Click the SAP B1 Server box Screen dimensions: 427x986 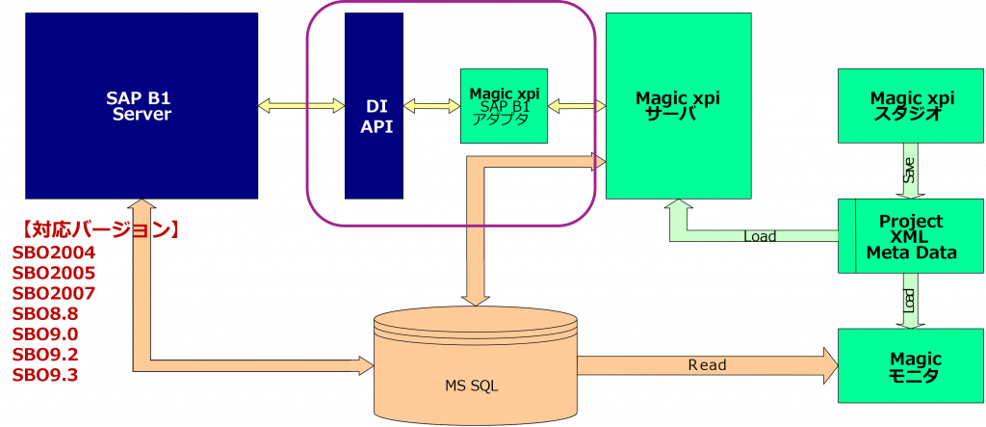pos(142,106)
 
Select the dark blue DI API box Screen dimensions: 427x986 pos(375,106)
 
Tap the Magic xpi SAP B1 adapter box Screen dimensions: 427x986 pos(504,106)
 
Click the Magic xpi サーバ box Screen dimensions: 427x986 pos(678,106)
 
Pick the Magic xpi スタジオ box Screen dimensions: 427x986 pos(911,105)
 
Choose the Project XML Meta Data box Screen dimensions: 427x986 pos(911,236)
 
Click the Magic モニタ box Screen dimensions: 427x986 pos(911,366)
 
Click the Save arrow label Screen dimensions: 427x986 pos(910,171)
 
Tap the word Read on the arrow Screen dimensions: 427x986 pos(707,365)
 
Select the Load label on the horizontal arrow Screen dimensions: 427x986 pos(760,236)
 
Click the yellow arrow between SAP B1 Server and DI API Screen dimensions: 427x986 pos(301,105)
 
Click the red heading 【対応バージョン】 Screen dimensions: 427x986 pos(100,230)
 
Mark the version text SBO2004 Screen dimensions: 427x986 pos(54,254)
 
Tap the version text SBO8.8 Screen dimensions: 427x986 pos(45,314)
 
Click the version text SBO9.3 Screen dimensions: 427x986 pos(45,375)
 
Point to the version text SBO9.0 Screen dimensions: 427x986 pos(45,334)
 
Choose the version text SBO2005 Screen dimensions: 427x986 pos(54,274)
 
